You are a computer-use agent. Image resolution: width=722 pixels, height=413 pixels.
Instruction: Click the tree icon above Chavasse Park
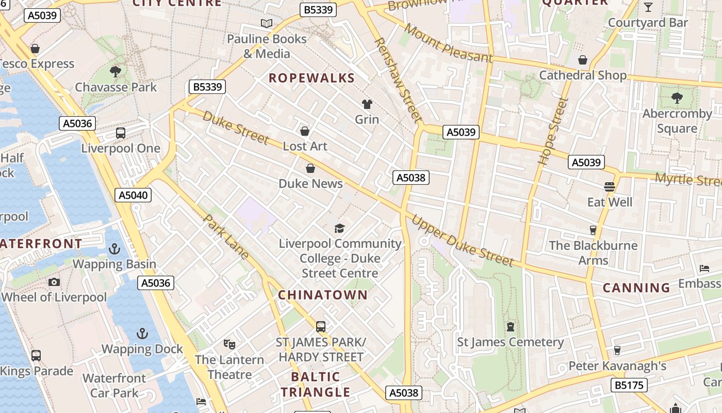tap(116, 71)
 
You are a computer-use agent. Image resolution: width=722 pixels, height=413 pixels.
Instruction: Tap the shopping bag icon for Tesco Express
tap(35, 49)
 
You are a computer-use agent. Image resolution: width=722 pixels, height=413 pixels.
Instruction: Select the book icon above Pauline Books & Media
tap(267, 23)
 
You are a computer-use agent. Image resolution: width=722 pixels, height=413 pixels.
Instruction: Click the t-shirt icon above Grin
tap(367, 104)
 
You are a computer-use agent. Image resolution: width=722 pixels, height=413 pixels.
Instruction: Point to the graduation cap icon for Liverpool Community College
tap(339, 228)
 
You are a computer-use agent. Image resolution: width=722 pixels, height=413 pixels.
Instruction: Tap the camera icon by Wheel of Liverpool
tap(54, 282)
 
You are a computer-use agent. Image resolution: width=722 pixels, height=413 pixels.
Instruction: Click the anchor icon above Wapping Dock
tap(142, 333)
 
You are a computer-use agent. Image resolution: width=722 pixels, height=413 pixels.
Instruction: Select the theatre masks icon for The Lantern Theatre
tap(229, 344)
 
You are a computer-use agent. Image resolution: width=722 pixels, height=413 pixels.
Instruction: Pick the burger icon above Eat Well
tap(610, 186)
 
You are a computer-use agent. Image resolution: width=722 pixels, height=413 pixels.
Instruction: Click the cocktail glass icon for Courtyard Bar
tap(648, 7)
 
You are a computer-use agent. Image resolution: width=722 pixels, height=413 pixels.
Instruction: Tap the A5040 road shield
tap(133, 195)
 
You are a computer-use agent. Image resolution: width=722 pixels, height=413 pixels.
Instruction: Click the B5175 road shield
tap(629, 385)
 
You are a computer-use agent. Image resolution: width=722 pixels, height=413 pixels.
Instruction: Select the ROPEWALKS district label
tap(311, 78)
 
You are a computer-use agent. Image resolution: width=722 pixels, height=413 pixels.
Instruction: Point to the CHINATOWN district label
tap(323, 295)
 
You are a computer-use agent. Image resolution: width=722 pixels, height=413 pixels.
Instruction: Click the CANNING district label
tap(636, 288)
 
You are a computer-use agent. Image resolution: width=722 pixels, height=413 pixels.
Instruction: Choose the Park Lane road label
tap(226, 236)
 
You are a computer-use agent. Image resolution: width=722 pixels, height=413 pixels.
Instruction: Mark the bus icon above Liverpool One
tap(121, 133)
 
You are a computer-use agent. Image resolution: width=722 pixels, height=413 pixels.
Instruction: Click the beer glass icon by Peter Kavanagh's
tap(617, 351)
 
